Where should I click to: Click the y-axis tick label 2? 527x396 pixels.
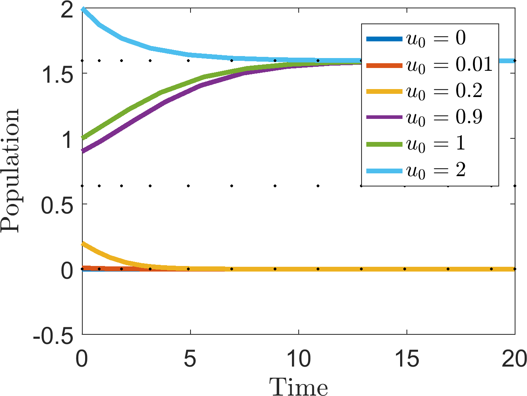(67, 10)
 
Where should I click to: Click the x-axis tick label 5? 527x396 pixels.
(190, 359)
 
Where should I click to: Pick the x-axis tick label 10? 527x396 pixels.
(299, 359)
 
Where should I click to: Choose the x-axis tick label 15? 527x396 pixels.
(407, 359)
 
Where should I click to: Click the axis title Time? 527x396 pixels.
(298, 386)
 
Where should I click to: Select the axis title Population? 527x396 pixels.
(10, 171)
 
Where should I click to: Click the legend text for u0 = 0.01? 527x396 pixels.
(449, 65)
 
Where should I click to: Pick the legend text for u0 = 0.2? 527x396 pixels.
(444, 91)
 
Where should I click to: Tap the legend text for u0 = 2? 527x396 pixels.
(436, 171)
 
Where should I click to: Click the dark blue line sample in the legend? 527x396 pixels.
(384, 39)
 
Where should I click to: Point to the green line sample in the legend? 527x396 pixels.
(384, 144)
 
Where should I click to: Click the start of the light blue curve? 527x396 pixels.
(83, 9)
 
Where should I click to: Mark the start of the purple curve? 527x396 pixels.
(83, 151)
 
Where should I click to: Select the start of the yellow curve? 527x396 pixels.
(83, 244)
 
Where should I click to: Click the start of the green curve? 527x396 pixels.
(83, 138)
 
